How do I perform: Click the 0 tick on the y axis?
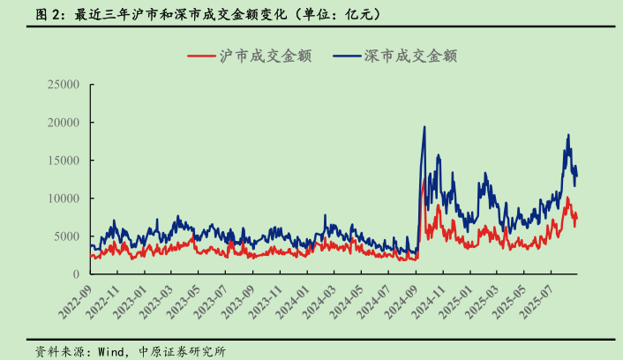pos(77,274)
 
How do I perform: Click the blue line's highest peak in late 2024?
pos(425,127)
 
